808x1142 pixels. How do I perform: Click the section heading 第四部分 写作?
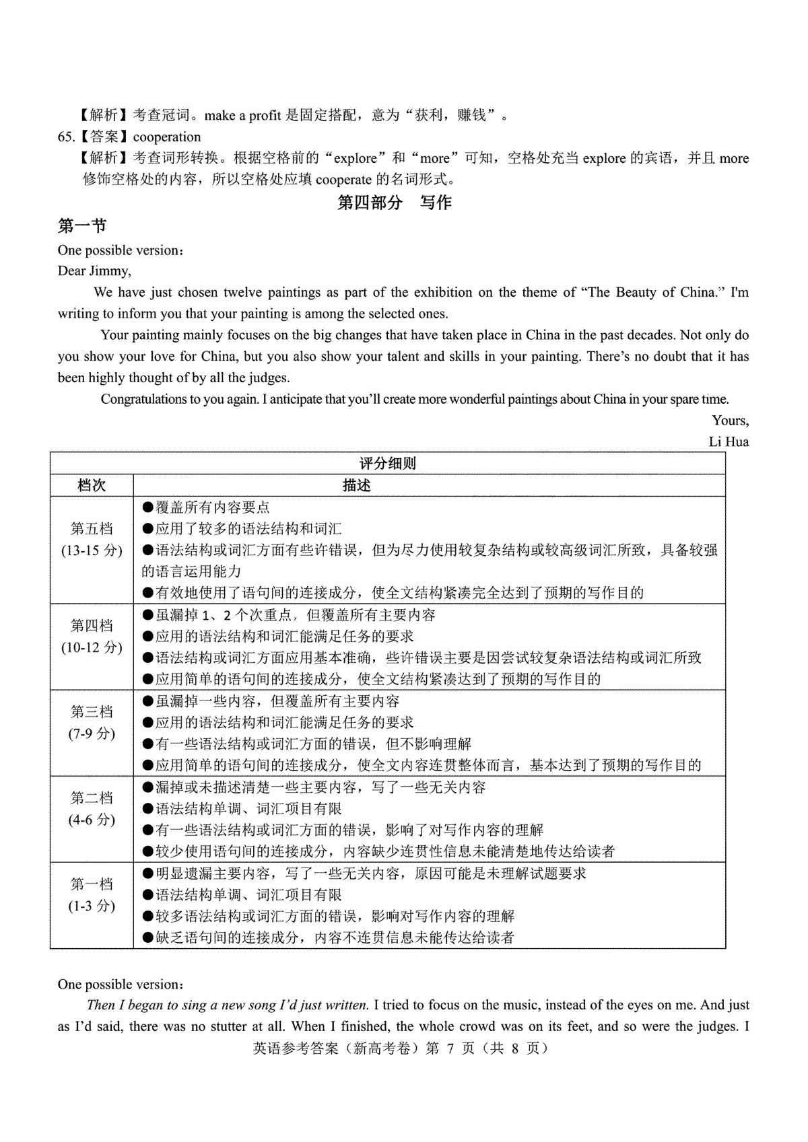point(394,203)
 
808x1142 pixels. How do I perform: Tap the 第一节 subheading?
point(82,226)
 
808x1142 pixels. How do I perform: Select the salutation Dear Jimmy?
point(94,271)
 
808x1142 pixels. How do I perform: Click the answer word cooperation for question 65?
point(167,137)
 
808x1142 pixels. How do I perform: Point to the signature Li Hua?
point(729,442)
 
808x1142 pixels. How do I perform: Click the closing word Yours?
point(731,421)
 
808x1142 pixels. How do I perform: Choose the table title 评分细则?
point(387,464)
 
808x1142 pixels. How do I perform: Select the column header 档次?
point(92,485)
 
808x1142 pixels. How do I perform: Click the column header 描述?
point(356,485)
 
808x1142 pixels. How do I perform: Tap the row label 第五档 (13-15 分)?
point(92,540)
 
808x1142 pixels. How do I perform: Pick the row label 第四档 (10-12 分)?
point(92,637)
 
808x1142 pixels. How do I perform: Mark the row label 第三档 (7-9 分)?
point(92,723)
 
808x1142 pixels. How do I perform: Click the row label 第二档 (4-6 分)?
point(92,809)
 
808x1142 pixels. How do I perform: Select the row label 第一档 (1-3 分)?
point(92,895)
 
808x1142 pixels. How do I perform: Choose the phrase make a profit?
point(242,116)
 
